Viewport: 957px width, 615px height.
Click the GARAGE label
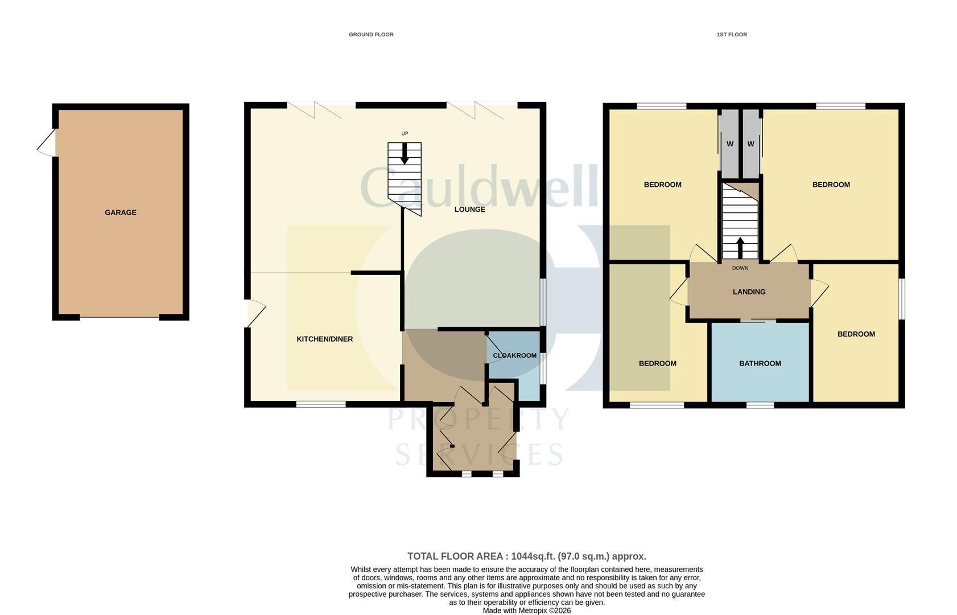click(120, 212)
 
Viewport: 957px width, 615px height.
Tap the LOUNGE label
click(469, 209)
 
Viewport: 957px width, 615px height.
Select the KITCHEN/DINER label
click(324, 339)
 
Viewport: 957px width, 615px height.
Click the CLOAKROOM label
click(514, 355)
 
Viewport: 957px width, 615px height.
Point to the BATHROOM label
click(760, 363)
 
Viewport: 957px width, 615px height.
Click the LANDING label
click(749, 292)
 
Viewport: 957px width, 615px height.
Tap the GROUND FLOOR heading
click(371, 35)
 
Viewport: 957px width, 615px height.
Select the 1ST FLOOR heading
click(731, 35)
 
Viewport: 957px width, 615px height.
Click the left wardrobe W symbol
click(729, 144)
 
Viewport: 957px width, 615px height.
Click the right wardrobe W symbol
click(750, 144)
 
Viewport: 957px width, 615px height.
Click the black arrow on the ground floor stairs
click(405, 154)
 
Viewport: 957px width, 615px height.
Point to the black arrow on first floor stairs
click(740, 247)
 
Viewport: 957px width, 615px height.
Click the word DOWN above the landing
click(740, 268)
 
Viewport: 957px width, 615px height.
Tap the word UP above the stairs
click(405, 134)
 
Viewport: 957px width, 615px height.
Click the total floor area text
click(526, 556)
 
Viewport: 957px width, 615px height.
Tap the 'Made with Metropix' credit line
click(526, 610)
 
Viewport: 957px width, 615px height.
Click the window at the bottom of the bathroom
click(760, 405)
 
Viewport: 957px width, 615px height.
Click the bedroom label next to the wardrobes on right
click(831, 184)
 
